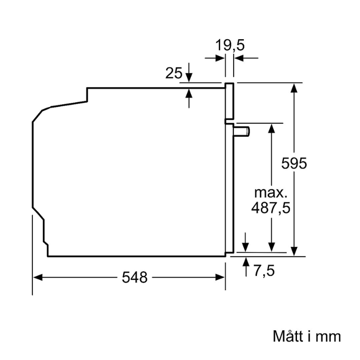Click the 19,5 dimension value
tap(229, 45)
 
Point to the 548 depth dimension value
tap(135, 278)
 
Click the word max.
tap(270, 193)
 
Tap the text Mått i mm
tap(307, 336)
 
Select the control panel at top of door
tap(229, 101)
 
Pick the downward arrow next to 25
tap(189, 77)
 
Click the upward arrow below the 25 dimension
tap(189, 94)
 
